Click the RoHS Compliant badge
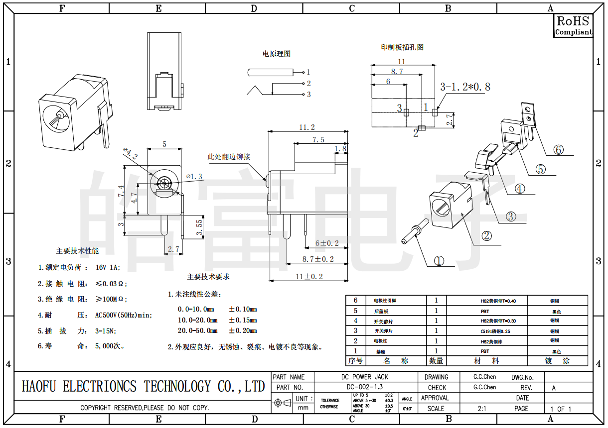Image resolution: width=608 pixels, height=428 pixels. (573, 25)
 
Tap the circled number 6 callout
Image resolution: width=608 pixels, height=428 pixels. (559, 149)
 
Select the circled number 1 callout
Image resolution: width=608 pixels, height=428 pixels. (439, 261)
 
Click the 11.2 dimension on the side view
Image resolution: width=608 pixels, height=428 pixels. (307, 127)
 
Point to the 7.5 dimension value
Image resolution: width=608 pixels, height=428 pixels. (318, 140)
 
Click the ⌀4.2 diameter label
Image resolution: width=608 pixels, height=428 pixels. (130, 154)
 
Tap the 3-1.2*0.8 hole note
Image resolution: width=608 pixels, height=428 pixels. (464, 87)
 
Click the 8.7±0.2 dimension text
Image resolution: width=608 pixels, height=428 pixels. (318, 259)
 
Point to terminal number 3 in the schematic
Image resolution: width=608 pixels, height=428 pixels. (308, 95)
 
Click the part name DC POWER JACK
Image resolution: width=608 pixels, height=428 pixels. (364, 377)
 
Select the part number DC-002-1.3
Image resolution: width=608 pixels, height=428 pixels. (364, 387)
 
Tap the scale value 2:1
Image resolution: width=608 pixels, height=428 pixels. (482, 409)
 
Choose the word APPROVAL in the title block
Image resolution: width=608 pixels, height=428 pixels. (435, 398)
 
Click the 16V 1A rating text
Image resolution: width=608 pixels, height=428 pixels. (108, 268)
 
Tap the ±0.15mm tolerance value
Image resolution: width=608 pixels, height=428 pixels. (243, 320)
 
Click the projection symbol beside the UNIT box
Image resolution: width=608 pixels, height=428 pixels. (283, 403)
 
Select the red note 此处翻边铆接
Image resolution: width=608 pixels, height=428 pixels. (229, 157)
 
